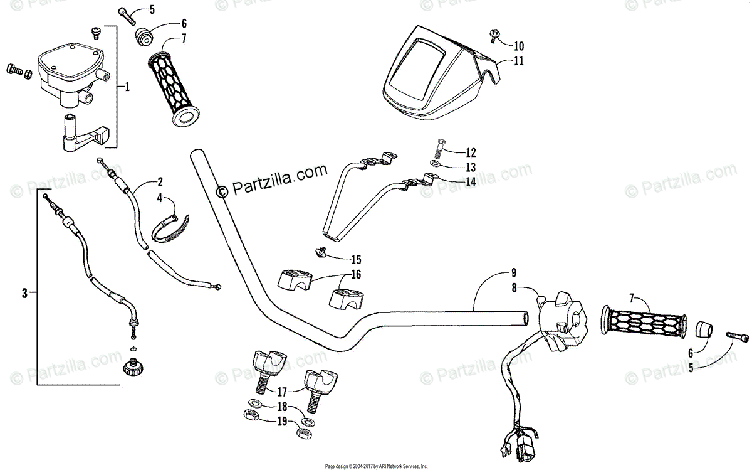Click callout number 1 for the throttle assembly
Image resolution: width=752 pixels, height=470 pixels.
pos(127,87)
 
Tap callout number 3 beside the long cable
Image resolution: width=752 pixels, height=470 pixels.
pos(24,292)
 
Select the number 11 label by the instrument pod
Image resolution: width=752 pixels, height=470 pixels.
pos(518,61)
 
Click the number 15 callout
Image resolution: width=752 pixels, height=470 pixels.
pos(356,259)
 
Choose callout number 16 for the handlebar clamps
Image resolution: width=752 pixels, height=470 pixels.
pos(355,275)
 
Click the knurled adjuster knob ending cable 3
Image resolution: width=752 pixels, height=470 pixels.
pos(132,366)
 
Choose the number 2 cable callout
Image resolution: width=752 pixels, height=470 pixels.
pos(160,183)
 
